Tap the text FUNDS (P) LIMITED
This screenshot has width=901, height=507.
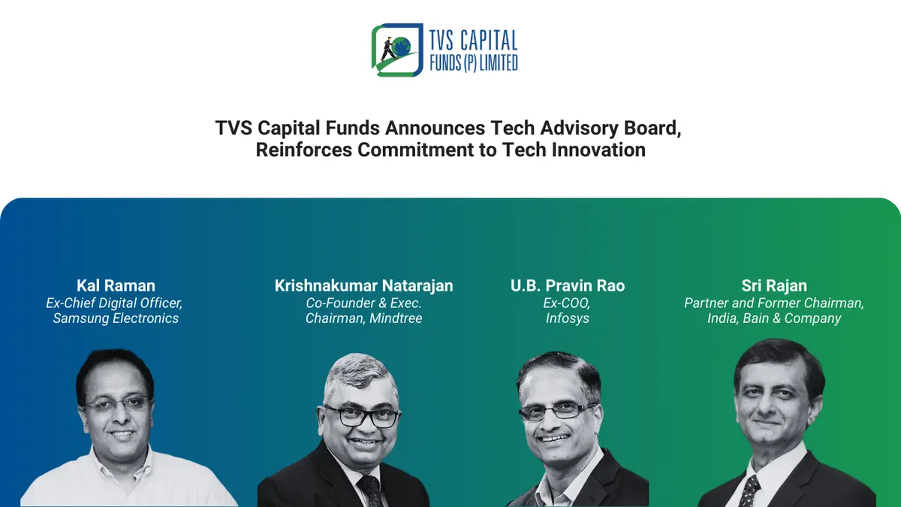click(x=473, y=63)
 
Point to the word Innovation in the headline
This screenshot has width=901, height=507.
click(x=598, y=149)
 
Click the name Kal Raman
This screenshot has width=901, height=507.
click(x=116, y=285)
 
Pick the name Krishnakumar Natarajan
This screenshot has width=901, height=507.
click(x=363, y=285)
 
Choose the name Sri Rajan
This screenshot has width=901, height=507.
click(x=773, y=285)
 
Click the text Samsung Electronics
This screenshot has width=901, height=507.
click(x=116, y=318)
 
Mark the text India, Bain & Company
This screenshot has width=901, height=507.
click(x=773, y=318)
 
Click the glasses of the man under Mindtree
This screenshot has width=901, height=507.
click(x=361, y=416)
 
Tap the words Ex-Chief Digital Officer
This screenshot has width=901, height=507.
click(x=116, y=303)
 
